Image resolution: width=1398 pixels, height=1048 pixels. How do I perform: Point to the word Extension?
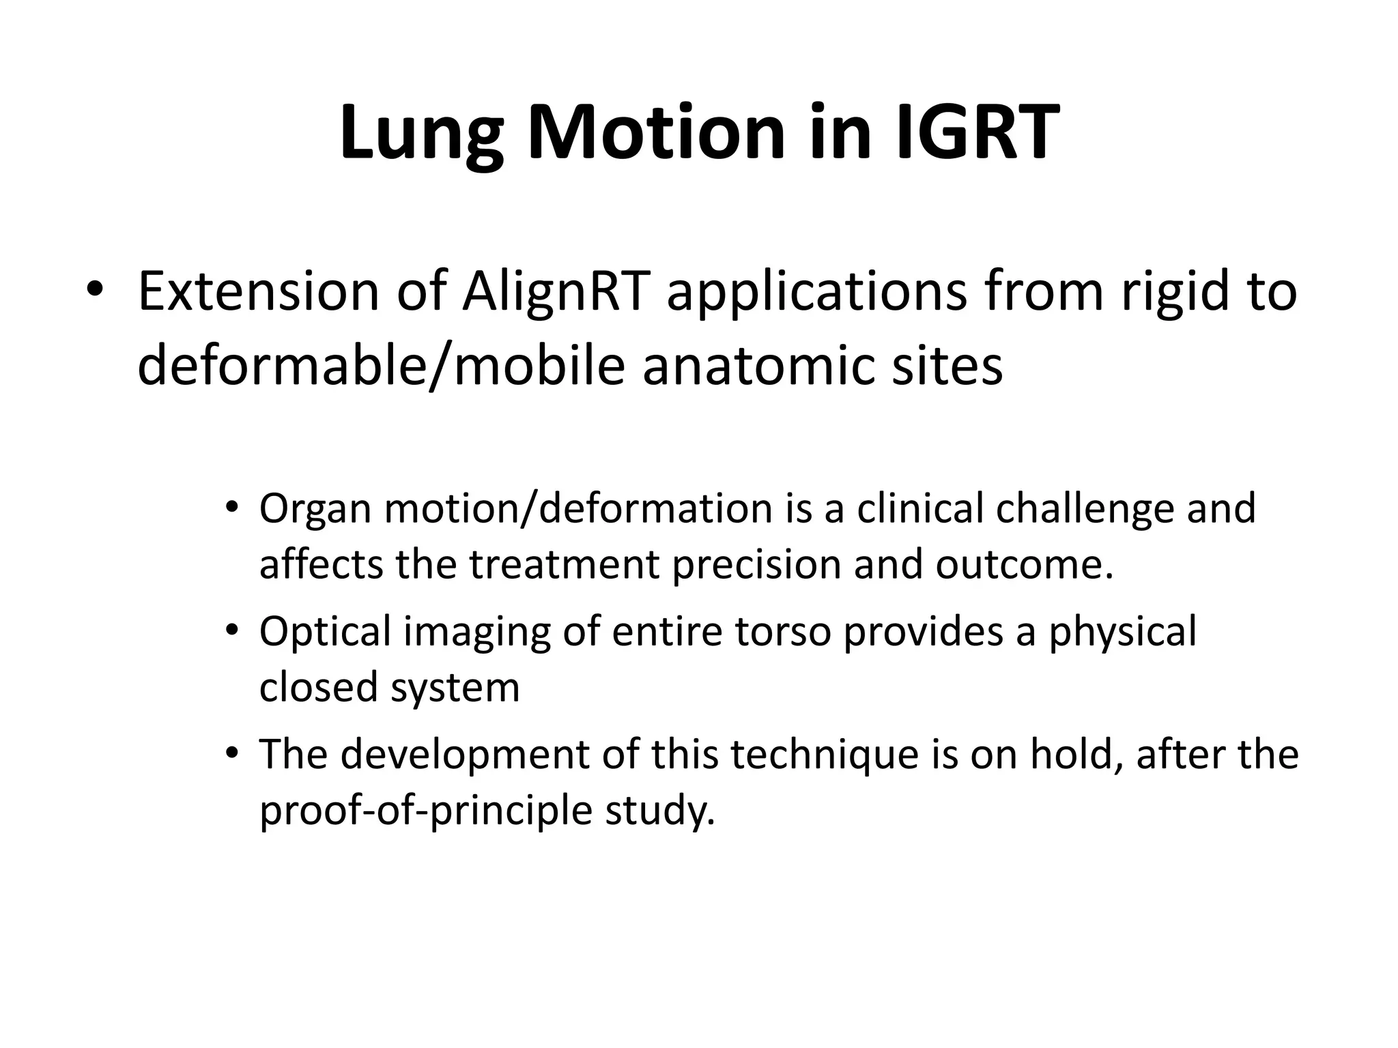point(258,292)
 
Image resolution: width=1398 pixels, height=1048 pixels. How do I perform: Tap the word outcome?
point(1024,565)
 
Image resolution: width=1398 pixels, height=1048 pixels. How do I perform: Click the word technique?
point(826,756)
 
